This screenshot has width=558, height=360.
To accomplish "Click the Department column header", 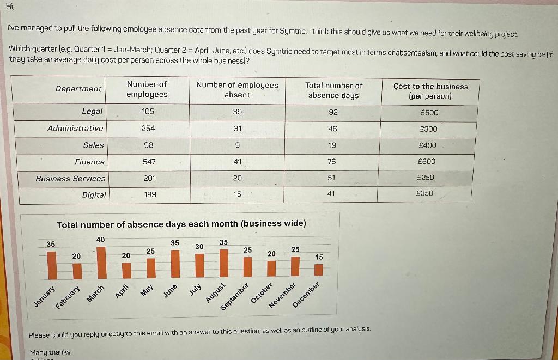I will coord(78,89).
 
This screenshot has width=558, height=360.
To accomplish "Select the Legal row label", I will coord(92,111).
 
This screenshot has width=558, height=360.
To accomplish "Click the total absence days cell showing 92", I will coord(333,112).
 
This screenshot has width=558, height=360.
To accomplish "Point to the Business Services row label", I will coord(70,178).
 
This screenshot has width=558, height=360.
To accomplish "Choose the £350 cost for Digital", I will coord(424,193).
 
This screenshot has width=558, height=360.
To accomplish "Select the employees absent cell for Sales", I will coord(237,145).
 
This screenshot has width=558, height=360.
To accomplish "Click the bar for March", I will coord(101,262).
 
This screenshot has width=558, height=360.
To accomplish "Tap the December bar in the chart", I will coord(319,270).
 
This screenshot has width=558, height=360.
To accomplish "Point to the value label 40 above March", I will coord(101,240).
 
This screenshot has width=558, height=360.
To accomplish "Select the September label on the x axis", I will coord(235,297).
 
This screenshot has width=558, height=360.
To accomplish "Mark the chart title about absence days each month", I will coord(181,224).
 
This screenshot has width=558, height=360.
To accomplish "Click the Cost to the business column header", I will coord(430,91).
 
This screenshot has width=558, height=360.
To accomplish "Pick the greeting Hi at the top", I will coord(10,7).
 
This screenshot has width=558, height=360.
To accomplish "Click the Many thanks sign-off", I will coord(51,352).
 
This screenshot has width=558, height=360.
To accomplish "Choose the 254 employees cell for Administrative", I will coord(148,129).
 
